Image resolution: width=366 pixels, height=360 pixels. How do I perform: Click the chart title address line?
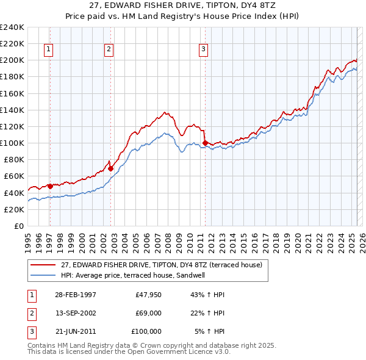pos(183,5)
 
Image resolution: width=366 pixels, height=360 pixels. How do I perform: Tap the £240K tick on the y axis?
pos(12,27)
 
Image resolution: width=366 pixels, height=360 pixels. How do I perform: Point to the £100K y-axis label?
pos(12,143)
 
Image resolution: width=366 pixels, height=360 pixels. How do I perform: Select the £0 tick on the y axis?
pos(19,226)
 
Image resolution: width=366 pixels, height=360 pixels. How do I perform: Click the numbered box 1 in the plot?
pos(48,50)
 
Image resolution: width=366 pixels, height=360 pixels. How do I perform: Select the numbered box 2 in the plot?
pos(109,50)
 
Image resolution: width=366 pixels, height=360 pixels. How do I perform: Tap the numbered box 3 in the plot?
pos(203,50)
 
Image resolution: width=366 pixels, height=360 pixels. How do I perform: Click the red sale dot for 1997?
pos(50,185)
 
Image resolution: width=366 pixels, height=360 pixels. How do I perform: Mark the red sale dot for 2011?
pos(205,143)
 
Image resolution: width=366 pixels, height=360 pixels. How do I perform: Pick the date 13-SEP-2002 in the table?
pos(75,313)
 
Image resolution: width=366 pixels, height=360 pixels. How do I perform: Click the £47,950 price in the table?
pos(149,295)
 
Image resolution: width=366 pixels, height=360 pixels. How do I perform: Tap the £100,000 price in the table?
pos(146,331)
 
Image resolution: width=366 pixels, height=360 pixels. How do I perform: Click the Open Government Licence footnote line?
pos(129,352)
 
